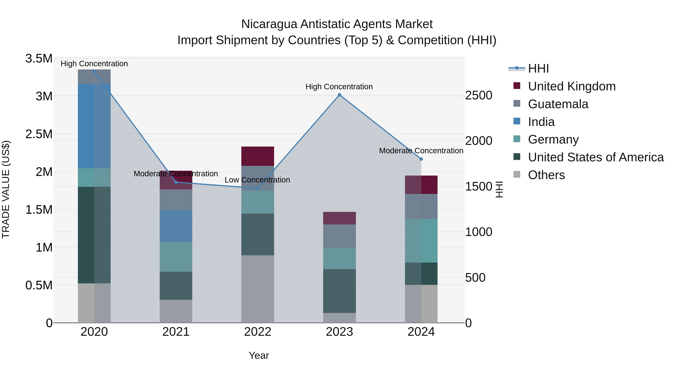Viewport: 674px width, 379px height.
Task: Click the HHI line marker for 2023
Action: [x=339, y=95]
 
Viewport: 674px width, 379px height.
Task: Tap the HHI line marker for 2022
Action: [x=258, y=188]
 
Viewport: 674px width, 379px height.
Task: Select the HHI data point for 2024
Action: [x=421, y=159]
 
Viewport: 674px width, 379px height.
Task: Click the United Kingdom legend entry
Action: [x=572, y=86]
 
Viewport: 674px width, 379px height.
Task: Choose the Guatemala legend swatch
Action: [x=517, y=103]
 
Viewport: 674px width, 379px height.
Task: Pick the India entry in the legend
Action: [x=541, y=122]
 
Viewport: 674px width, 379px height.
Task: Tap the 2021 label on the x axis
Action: [x=176, y=332]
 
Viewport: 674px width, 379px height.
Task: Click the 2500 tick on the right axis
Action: [x=479, y=95]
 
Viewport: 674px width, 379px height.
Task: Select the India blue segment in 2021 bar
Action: [x=176, y=226]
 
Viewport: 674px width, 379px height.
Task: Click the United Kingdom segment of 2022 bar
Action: [x=258, y=156]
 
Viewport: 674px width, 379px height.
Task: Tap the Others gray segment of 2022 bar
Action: [x=258, y=289]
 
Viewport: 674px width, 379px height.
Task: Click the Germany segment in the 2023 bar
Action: [x=339, y=258]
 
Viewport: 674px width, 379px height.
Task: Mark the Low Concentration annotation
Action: [x=257, y=180]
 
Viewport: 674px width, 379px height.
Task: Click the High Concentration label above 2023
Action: [x=339, y=87]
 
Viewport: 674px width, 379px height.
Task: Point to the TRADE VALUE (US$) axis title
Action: [x=6, y=189]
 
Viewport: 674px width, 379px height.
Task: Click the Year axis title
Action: [x=259, y=355]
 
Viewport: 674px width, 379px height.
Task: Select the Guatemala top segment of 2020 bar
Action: [x=94, y=77]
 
